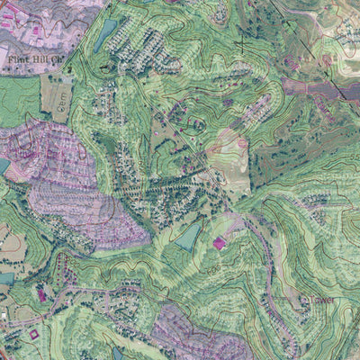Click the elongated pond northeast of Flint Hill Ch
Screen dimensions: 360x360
coord(106,36)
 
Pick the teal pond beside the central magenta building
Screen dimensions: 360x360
coord(189,237)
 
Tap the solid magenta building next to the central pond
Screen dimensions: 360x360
coord(219,242)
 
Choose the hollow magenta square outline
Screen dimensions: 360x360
coord(35,335)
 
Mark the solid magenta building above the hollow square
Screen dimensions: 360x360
coord(40,294)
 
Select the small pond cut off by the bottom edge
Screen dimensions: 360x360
coord(117,354)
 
